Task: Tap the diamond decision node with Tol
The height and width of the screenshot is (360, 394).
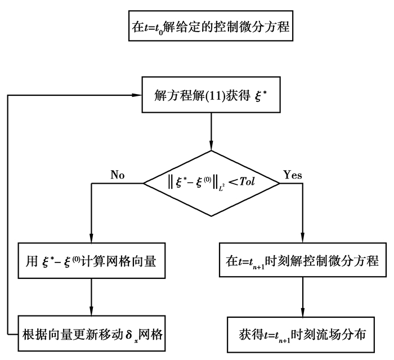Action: pyautogui.click(x=212, y=183)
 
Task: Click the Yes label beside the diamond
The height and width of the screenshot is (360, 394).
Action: pyautogui.click(x=292, y=175)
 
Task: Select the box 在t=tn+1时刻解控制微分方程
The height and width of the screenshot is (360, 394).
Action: pyautogui.click(x=303, y=261)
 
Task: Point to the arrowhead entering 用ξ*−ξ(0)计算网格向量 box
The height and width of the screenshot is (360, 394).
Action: pyautogui.click(x=91, y=239)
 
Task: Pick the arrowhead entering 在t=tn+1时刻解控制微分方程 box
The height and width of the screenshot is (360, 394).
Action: pyautogui.click(x=303, y=239)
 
